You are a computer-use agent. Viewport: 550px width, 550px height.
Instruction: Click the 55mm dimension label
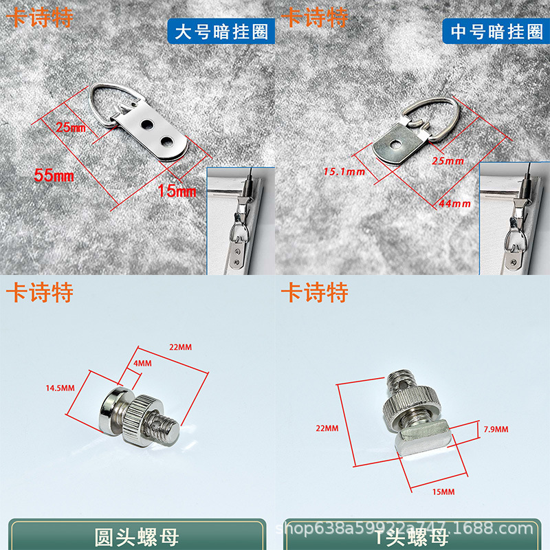coord(54,176)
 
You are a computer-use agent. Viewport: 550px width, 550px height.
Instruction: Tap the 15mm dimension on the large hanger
coord(177,190)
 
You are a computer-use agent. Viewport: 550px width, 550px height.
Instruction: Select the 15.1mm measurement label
coord(344,171)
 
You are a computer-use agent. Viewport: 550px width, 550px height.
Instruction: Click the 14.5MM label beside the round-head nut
coord(60,388)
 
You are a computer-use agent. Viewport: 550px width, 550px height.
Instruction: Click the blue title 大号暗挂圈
coord(219,32)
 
